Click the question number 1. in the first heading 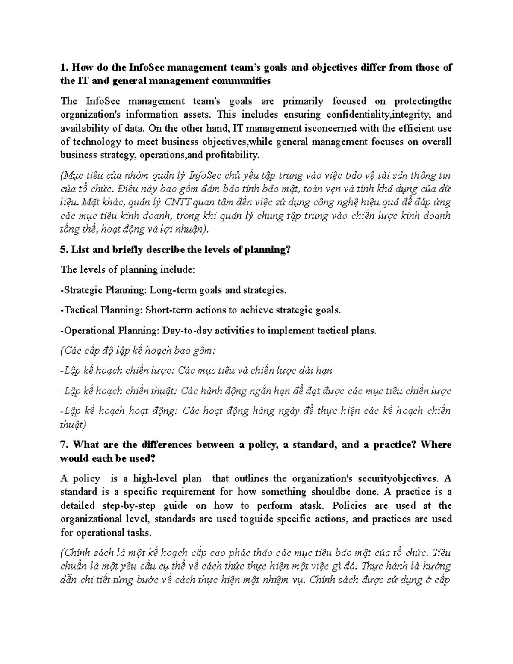click(65, 68)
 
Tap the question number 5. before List click(65, 250)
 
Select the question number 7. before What click(65, 445)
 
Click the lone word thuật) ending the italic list click(73, 425)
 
